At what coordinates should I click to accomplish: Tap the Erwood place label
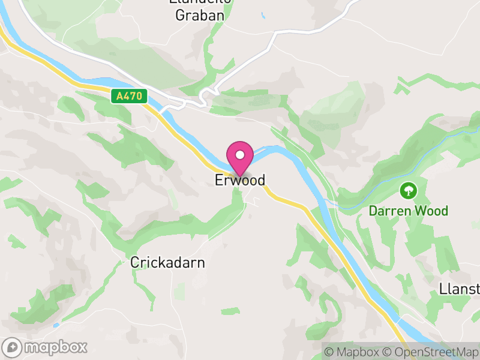[x=240, y=181]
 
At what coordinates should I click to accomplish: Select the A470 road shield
[x=129, y=96]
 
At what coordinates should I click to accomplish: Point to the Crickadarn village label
[x=168, y=263]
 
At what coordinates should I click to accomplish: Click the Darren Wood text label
[x=408, y=211]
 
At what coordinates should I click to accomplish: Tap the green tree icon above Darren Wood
[x=409, y=191]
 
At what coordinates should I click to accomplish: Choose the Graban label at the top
[x=199, y=15]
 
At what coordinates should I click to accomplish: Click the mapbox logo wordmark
[x=55, y=347]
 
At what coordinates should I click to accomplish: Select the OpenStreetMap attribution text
[x=430, y=352]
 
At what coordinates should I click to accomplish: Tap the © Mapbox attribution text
[x=353, y=352]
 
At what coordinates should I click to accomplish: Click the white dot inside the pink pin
[x=240, y=155]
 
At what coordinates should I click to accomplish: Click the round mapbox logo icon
[x=12, y=347]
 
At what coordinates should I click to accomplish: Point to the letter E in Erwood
[x=219, y=181]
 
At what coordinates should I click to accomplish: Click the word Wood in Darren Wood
[x=433, y=211]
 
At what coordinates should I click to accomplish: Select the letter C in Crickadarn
[x=135, y=263]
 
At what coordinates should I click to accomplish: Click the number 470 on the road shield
[x=133, y=96]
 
